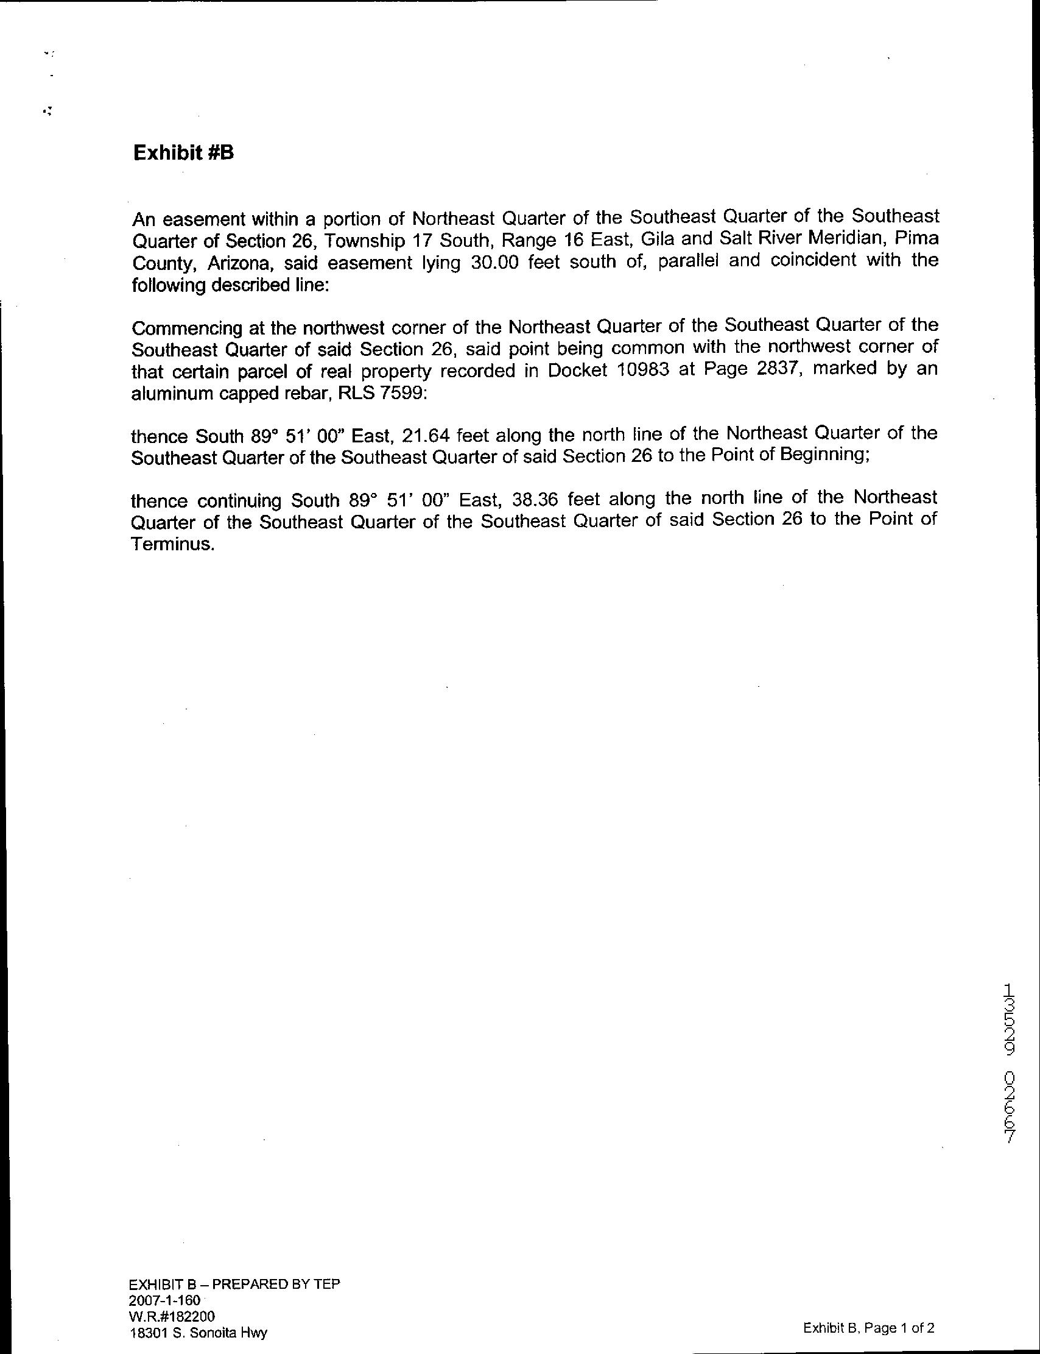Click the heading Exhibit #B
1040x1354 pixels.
(x=183, y=153)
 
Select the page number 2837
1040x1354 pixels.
(x=777, y=369)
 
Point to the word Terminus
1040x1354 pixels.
(x=173, y=544)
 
